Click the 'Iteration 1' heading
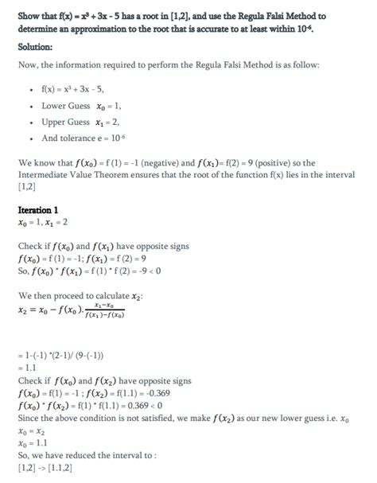(x=39, y=209)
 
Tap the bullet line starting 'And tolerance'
(x=82, y=138)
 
